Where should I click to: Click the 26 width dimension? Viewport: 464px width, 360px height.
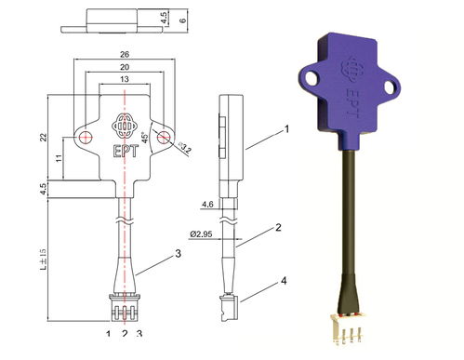125,55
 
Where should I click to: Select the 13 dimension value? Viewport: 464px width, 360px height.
125,79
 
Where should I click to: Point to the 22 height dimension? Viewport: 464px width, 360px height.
44,137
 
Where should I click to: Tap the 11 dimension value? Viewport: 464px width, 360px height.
60,158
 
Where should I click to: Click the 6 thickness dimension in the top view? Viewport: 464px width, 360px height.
183,20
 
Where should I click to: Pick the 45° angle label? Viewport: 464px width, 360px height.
145,138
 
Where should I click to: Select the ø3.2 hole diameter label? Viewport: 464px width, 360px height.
186,149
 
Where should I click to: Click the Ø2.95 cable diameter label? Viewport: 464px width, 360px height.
202,233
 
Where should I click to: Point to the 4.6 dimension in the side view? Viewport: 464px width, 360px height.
207,205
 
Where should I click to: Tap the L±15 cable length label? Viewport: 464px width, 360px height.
44,259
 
